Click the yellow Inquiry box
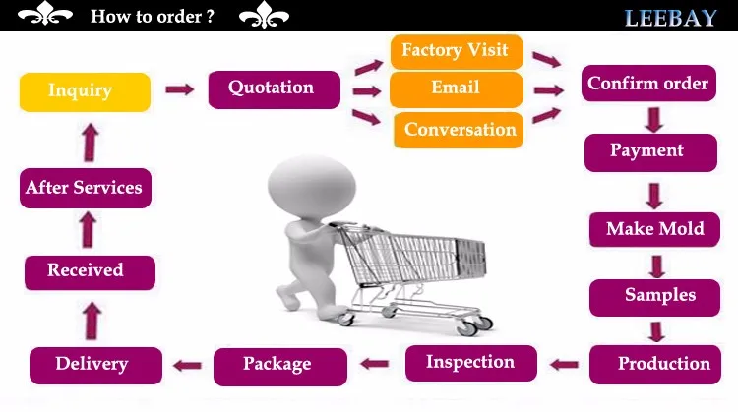[x=85, y=91]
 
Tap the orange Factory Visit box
[x=456, y=51]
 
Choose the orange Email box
[x=456, y=88]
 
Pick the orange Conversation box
[x=459, y=130]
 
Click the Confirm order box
[x=647, y=85]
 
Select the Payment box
[x=647, y=151]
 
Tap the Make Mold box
[x=654, y=229]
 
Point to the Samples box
[x=657, y=295]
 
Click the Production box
[x=661, y=364]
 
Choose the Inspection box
[x=470, y=363]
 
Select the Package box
[x=279, y=365]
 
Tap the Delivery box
[x=92, y=365]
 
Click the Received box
[x=88, y=271]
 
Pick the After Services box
[x=85, y=188]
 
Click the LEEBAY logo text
[x=669, y=17]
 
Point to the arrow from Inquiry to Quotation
[x=179, y=89]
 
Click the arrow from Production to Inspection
[x=564, y=365]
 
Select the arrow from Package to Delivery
[x=185, y=366]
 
